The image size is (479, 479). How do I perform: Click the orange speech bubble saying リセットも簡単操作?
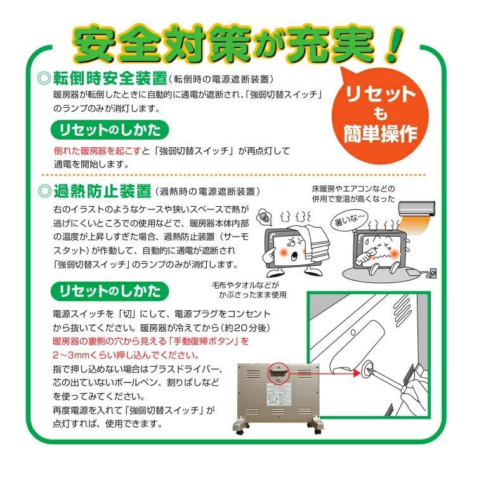(x=380, y=115)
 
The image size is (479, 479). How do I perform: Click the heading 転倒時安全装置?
(x=110, y=79)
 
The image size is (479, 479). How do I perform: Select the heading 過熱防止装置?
(x=103, y=191)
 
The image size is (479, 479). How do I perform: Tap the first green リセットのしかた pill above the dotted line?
(x=110, y=130)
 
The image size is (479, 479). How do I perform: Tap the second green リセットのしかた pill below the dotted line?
(x=110, y=291)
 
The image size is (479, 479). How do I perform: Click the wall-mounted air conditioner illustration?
(x=417, y=209)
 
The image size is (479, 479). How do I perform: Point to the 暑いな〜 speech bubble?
(x=349, y=220)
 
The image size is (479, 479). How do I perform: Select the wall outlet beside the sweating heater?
(x=433, y=273)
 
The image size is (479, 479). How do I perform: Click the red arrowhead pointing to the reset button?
(x=356, y=372)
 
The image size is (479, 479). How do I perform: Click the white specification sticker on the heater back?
(x=279, y=395)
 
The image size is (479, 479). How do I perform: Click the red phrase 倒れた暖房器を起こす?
(x=98, y=151)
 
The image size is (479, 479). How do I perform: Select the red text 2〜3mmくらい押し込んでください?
(x=126, y=355)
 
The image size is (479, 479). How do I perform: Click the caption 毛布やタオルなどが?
(x=246, y=285)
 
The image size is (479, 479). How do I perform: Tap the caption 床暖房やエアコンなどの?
(x=353, y=189)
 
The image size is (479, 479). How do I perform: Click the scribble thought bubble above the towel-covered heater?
(x=265, y=218)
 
